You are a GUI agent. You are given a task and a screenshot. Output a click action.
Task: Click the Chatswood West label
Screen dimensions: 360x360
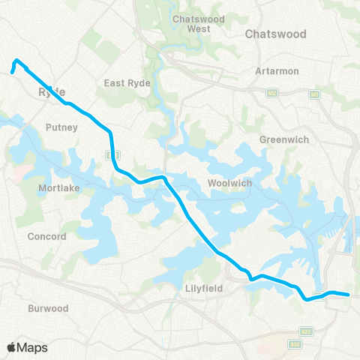point(191,23)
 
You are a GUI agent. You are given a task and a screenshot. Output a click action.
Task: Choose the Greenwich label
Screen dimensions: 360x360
point(279,139)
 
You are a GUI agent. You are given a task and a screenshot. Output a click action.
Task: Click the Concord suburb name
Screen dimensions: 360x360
point(47,237)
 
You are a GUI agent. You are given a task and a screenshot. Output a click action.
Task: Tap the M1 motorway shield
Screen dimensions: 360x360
point(314,94)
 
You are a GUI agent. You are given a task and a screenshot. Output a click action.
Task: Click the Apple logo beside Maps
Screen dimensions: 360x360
point(13,347)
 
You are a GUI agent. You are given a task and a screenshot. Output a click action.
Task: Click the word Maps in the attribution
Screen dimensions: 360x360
point(33,347)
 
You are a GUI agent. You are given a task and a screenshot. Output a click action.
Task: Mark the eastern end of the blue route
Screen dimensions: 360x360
point(349,295)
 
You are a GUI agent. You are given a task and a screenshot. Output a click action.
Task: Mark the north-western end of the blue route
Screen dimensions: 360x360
point(12,72)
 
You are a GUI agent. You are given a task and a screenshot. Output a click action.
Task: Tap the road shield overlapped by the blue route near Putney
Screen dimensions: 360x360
point(111,154)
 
